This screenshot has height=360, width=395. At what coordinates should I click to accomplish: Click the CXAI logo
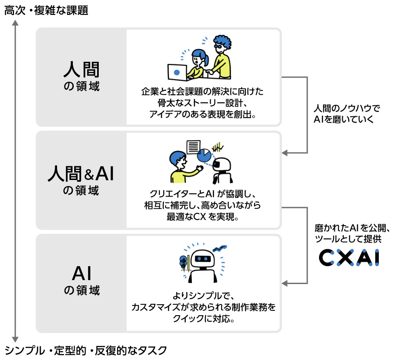point(348,258)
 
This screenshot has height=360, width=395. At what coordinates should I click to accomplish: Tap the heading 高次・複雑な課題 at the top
point(46,11)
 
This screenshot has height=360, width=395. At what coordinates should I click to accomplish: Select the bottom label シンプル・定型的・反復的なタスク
point(86,350)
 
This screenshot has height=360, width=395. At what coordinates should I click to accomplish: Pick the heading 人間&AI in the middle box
point(81,174)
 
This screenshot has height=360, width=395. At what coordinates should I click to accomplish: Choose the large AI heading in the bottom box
point(81,274)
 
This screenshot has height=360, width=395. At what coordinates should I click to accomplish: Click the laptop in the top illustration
point(177,72)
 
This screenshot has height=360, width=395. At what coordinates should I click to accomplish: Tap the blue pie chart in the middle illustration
point(204,155)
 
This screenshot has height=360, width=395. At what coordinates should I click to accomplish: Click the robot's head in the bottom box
point(203,260)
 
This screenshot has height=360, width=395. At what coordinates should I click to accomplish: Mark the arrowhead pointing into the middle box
point(284,153)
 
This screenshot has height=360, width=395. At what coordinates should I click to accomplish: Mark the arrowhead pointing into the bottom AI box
point(284,283)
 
